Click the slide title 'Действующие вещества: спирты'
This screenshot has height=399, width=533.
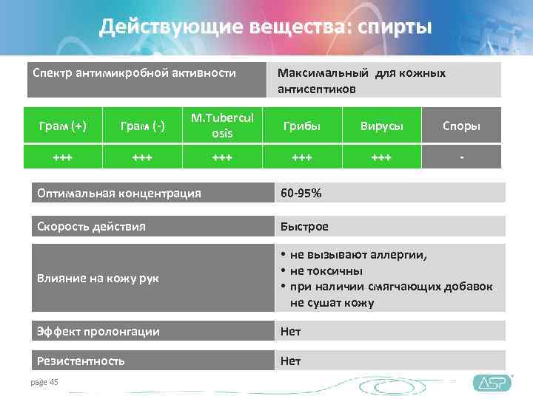click(266, 28)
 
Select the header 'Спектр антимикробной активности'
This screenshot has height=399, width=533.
click(134, 73)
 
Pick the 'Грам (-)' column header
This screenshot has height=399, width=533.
click(143, 126)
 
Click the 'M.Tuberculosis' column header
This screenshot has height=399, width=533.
click(221, 126)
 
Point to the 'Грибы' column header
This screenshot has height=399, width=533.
click(301, 126)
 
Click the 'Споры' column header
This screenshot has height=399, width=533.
click(461, 126)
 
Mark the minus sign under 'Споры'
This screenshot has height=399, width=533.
click(461, 157)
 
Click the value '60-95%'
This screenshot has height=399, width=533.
click(300, 193)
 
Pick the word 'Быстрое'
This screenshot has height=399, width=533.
click(304, 226)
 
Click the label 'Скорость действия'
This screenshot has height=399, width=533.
click(91, 226)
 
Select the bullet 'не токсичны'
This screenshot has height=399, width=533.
click(326, 270)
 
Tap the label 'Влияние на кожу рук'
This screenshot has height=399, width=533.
click(98, 278)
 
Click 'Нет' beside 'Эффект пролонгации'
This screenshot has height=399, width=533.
click(290, 332)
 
